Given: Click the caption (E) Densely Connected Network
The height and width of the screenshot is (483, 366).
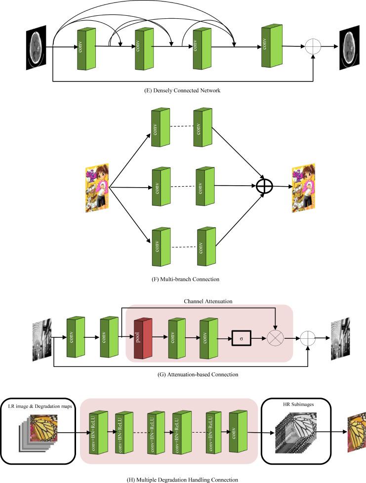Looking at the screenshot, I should [183, 90].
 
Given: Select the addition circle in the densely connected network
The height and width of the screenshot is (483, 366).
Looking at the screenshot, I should [313, 47].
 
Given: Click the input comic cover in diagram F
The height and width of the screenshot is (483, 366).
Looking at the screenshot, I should [97, 187].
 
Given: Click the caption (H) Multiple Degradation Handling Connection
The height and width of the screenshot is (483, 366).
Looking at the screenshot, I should [183, 479].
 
